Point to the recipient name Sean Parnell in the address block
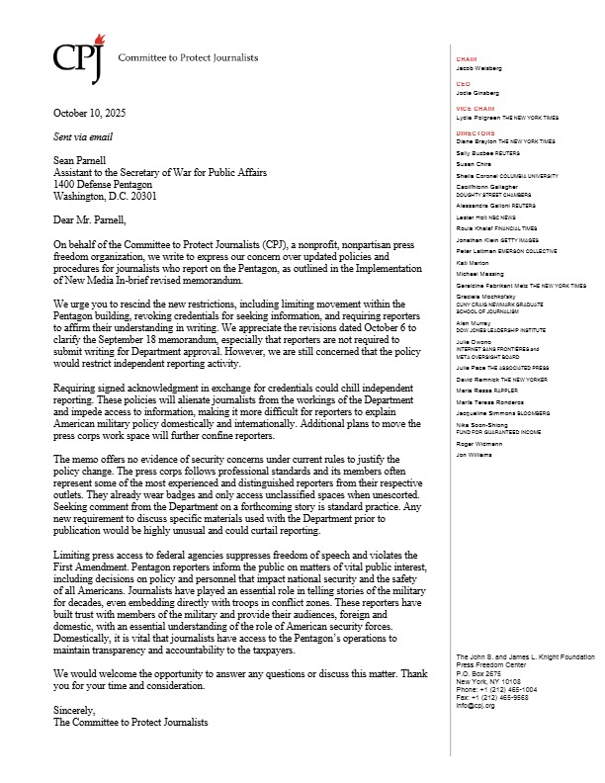point(82,165)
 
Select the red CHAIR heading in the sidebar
point(466,59)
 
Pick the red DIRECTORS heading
point(474,131)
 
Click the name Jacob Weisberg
point(479,68)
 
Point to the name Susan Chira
point(474,164)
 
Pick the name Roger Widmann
point(478,446)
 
